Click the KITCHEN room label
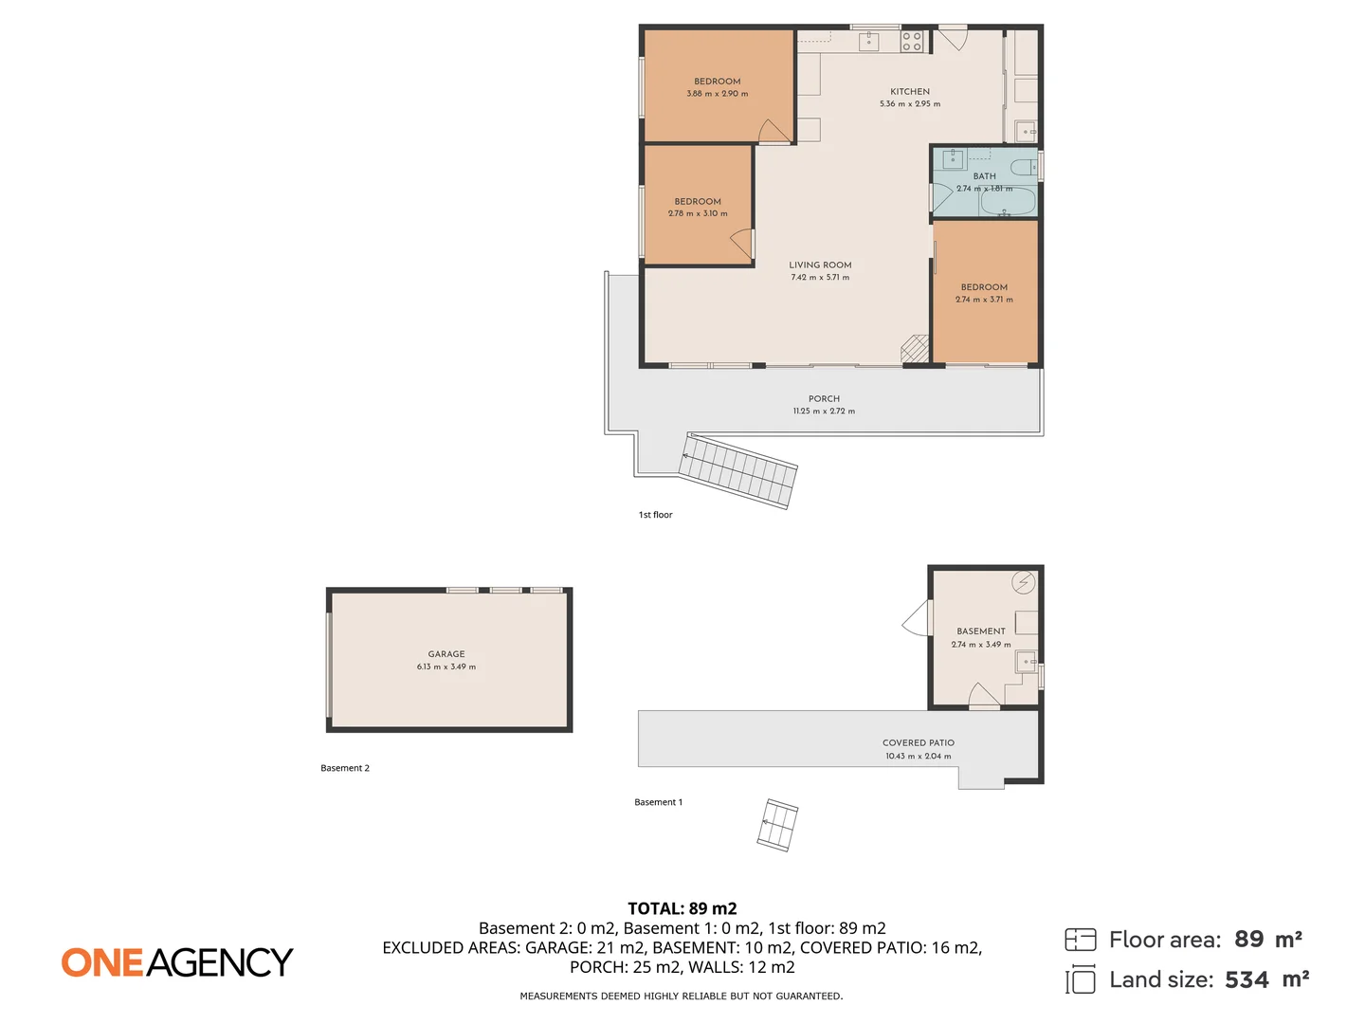coord(909,92)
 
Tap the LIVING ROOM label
coord(820,265)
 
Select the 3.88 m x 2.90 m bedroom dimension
coord(717,94)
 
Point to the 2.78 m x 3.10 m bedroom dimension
coord(698,213)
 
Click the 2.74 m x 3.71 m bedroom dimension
coord(984,300)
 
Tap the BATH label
coord(984,176)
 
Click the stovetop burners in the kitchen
coord(911,41)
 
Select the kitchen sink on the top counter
coord(868,41)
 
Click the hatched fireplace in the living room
coord(915,348)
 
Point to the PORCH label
coord(824,399)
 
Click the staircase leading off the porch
coord(739,470)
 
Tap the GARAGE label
coord(446,654)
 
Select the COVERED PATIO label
coord(918,743)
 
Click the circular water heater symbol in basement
coord(1023,583)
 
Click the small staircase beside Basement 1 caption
coord(777,825)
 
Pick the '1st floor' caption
coord(655,515)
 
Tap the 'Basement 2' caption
coord(345,768)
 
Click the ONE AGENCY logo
coord(177,962)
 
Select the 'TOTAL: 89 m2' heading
coord(682,908)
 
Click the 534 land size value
coord(1247,980)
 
